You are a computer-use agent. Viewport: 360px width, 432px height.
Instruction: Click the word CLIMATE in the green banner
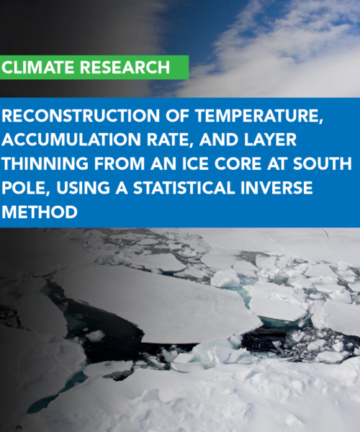point(38,68)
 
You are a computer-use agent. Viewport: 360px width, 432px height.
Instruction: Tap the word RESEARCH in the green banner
point(125,68)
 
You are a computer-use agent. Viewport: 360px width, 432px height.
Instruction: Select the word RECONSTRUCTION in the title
point(81,115)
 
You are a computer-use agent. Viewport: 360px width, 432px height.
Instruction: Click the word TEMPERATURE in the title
point(259,116)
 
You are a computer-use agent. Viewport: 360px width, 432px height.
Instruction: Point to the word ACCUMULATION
point(72,140)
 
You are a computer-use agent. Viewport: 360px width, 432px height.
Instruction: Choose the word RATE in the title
point(171,140)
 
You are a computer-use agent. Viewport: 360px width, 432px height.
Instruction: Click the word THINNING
point(45,163)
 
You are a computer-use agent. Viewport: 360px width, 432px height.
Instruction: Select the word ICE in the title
point(196,163)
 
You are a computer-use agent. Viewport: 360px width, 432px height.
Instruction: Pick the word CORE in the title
point(238,163)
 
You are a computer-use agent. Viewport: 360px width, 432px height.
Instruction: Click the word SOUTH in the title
point(323,163)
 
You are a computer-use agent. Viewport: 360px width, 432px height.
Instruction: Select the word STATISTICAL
point(184,188)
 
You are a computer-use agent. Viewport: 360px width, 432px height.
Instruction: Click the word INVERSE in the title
point(276,188)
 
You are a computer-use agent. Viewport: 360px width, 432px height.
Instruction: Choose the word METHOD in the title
point(40,212)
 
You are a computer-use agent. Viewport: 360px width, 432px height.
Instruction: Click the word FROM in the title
point(120,163)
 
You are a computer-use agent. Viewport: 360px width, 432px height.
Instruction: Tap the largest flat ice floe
point(157,303)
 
